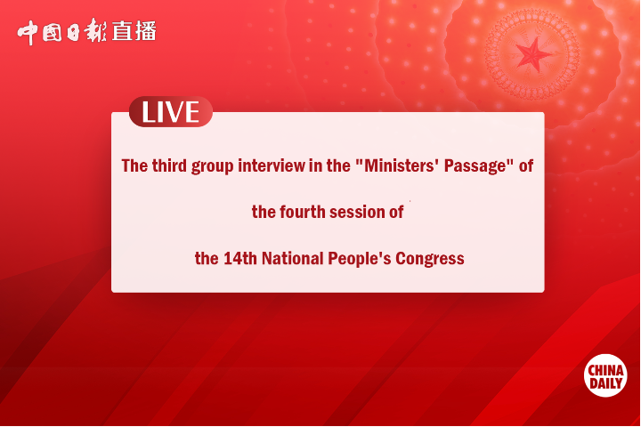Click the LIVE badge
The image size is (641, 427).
tap(170, 112)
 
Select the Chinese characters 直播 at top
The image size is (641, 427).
tap(134, 31)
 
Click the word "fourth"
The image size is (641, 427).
tap(304, 213)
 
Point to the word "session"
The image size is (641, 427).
tap(358, 213)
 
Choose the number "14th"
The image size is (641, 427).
tap(240, 259)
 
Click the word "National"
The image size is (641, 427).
tap(296, 259)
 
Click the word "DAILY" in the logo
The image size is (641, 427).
tap(605, 383)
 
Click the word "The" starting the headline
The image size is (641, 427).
tap(134, 165)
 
